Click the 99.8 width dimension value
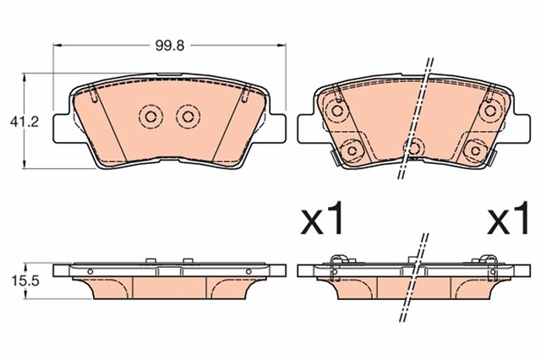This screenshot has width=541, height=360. coord(170,46)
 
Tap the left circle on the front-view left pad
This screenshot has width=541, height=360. coord(150,117)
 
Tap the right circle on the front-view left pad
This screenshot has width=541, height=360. coord(188,117)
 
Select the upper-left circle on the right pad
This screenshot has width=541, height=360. coord(336,111)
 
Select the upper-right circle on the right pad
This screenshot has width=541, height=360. coord(489,111)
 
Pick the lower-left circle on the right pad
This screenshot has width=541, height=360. coord(352,150)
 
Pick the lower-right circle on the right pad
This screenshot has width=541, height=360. coord(475,150)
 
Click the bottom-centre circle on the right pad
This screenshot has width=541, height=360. coord(413,148)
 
